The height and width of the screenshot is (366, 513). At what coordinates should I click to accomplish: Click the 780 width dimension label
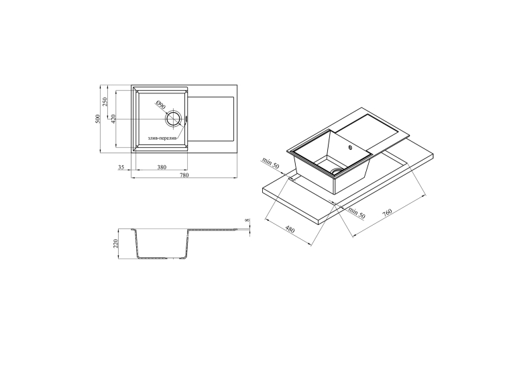184,175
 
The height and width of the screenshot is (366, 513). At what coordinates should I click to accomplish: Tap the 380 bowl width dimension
162,167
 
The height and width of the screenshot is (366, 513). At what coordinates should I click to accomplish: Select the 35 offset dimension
121,167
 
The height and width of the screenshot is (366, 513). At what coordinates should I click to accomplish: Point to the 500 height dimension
97,119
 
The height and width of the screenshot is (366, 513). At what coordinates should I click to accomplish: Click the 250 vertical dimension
105,101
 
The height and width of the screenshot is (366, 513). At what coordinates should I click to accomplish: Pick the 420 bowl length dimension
113,119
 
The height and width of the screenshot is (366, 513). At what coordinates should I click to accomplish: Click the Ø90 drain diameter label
161,105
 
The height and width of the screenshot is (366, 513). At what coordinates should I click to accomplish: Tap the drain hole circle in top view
173,119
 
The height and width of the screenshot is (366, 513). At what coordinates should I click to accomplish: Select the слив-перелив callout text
162,138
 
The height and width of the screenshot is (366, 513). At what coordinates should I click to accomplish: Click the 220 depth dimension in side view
115,244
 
